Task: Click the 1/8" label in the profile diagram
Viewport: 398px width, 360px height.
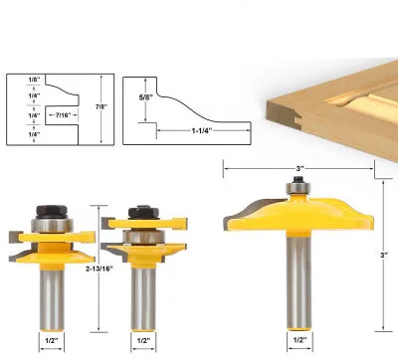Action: (x=34, y=80)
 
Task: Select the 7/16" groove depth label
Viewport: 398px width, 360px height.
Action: (x=64, y=115)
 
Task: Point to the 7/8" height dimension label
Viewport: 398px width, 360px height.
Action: (x=101, y=106)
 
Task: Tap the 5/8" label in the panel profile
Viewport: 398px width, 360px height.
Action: (x=146, y=97)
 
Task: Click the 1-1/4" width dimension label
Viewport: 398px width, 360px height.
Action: (x=202, y=130)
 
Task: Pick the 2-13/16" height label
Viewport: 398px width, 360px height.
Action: (x=99, y=269)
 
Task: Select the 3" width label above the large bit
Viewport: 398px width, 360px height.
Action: (x=300, y=168)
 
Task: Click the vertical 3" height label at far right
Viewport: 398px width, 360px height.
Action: (x=384, y=256)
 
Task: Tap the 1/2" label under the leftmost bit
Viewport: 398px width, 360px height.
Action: (x=52, y=340)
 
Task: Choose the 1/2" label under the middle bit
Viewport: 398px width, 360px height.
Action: (x=143, y=340)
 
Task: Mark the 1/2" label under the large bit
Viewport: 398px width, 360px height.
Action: (x=299, y=339)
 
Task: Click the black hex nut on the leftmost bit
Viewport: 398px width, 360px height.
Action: (x=52, y=212)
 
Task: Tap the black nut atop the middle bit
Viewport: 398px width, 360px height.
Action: (x=143, y=213)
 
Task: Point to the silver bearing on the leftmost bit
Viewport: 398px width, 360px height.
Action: (x=52, y=226)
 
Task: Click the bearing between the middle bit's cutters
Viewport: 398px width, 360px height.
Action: (x=143, y=237)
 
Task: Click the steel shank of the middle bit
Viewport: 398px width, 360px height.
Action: (x=143, y=299)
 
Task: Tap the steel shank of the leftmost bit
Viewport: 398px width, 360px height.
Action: (x=52, y=300)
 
